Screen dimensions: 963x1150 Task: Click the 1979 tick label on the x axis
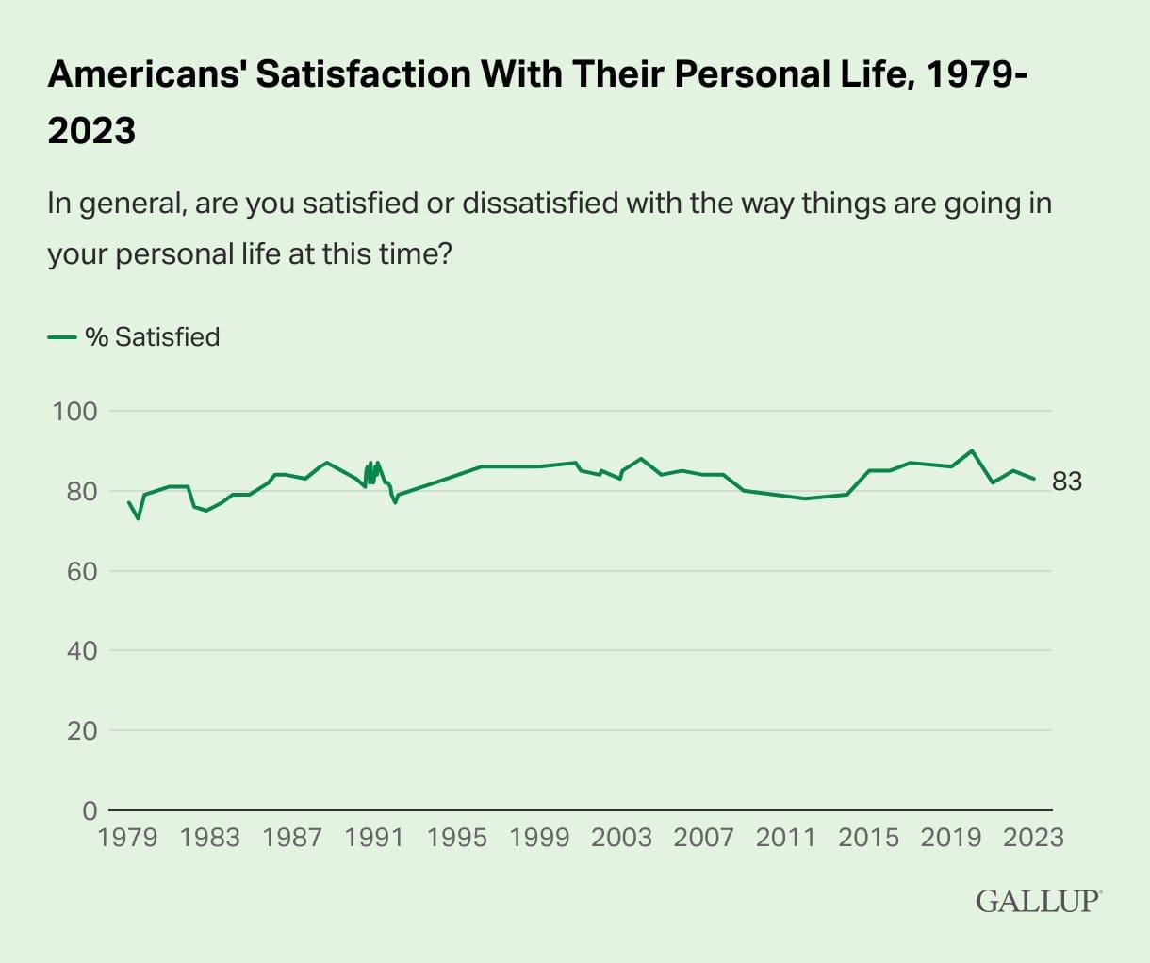(x=127, y=837)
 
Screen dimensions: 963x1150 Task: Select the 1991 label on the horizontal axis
(x=374, y=837)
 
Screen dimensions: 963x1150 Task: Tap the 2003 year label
(x=621, y=837)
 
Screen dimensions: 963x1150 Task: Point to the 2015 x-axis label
(x=868, y=837)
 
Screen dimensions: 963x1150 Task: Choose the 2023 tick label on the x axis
(x=1033, y=837)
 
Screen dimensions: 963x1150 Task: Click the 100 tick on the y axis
(x=75, y=411)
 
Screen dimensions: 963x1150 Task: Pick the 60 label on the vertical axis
(x=81, y=571)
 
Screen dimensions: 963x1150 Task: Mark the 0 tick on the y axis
(x=90, y=810)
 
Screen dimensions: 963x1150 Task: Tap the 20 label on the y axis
(x=81, y=730)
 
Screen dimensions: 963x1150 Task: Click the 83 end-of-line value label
(x=1067, y=481)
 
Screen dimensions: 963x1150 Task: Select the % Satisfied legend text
(x=153, y=337)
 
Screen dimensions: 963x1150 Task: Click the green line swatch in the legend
(x=61, y=337)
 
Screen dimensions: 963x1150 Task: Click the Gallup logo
(x=1038, y=900)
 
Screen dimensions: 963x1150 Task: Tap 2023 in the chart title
(x=91, y=130)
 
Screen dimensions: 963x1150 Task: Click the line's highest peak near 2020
(x=972, y=450)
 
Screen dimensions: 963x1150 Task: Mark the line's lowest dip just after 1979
(x=139, y=518)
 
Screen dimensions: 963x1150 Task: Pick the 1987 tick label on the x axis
(x=292, y=837)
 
